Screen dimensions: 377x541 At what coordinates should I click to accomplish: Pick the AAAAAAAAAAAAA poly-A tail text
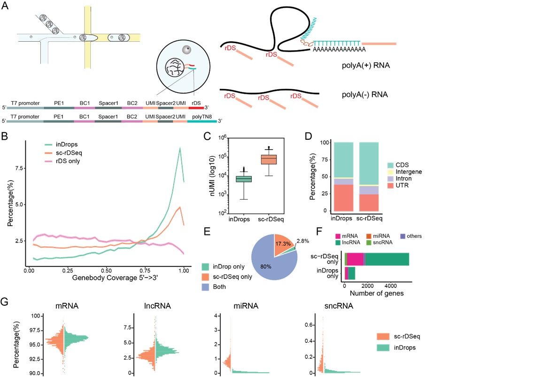pos(339,49)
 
